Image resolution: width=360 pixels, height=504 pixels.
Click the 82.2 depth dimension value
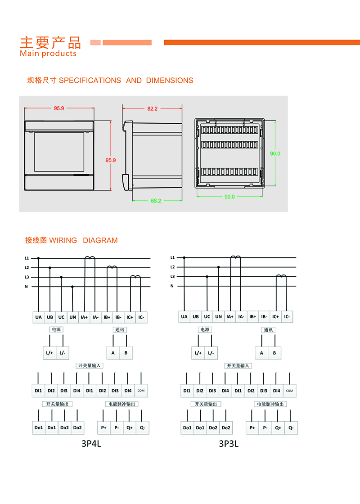[152, 108]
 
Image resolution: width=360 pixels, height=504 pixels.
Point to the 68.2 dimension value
[156, 201]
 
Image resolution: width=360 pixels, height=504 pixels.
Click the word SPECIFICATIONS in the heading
[90, 81]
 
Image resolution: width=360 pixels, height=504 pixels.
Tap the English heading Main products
[48, 54]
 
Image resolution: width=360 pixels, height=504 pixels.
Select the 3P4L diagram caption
[91, 444]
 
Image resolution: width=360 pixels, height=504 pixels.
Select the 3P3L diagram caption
[229, 444]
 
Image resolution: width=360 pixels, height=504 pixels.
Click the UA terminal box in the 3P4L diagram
[38, 317]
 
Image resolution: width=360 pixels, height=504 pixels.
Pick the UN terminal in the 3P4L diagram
[72, 317]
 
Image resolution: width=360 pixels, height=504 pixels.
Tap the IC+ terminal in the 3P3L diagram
[275, 317]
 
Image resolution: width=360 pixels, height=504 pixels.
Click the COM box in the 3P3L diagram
[289, 391]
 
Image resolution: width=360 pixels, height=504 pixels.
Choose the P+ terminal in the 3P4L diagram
[104, 427]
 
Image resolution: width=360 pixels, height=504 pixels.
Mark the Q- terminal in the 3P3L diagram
[291, 427]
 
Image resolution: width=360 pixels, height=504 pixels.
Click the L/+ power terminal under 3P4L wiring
[49, 353]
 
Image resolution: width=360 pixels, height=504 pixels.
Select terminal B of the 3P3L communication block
[274, 353]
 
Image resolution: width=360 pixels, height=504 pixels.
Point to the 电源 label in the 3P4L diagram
[56, 330]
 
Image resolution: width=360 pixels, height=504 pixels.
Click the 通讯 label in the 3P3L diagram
[268, 330]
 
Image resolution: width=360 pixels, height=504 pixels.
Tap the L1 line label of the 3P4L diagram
[27, 258]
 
